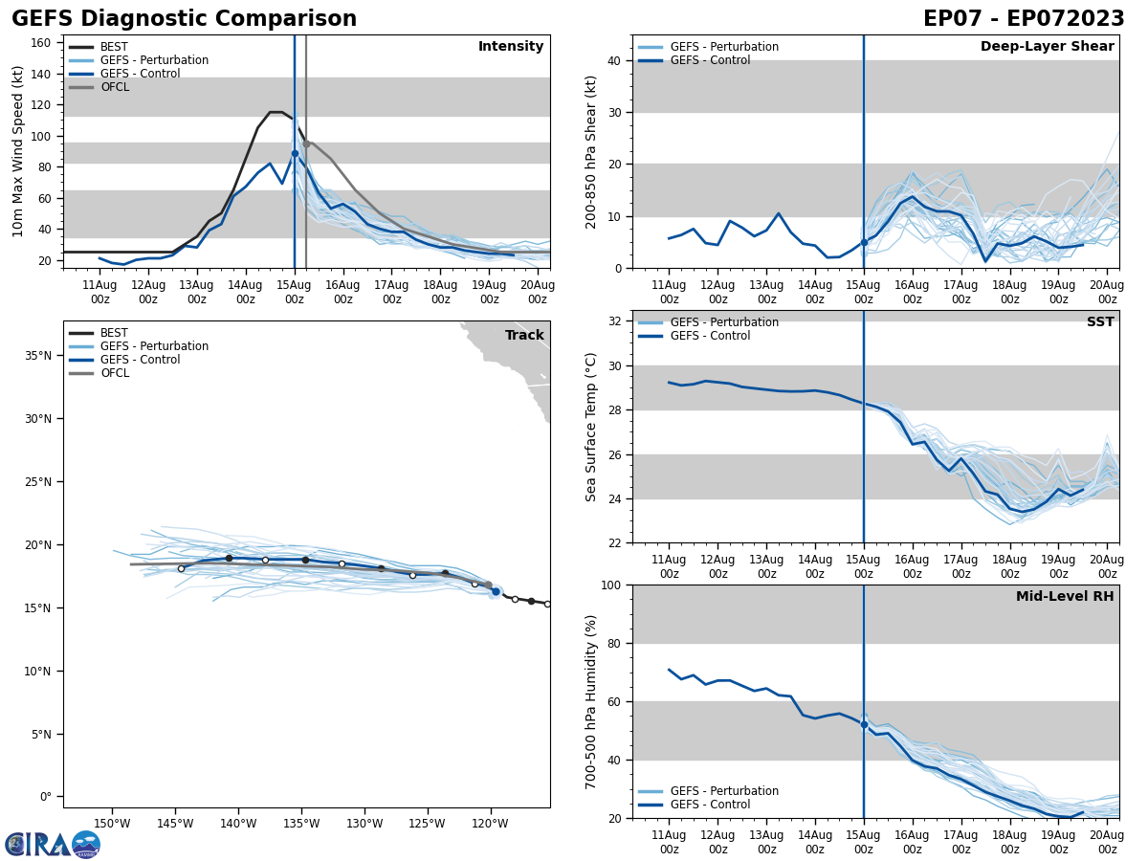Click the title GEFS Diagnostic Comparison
pos(184,19)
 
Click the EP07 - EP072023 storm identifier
pos(1024,19)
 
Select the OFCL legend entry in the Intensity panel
pos(114,87)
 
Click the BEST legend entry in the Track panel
pos(114,333)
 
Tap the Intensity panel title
pos(510,47)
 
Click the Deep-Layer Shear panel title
pos(1047,47)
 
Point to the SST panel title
pos(1099,322)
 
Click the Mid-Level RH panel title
pos(1065,597)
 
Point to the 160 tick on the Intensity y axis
pos(42,43)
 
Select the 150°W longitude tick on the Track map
pos(112,825)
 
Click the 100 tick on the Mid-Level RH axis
pos(610,585)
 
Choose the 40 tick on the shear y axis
pos(614,61)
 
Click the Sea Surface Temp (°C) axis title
pos(591,427)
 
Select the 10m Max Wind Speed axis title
pos(18,151)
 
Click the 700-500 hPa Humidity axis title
pos(591,701)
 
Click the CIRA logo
pos(52,845)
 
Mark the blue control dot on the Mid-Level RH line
pos(864,724)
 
